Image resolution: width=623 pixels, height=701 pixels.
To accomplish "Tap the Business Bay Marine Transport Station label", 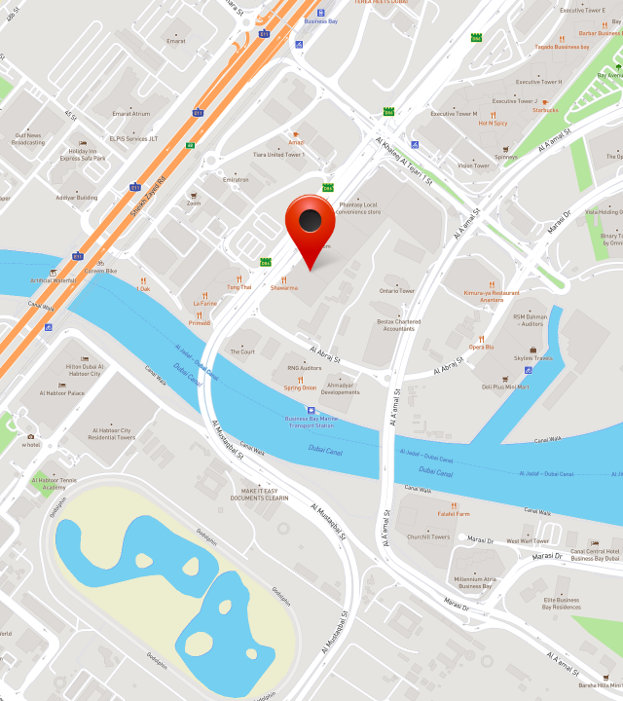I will click(311, 422).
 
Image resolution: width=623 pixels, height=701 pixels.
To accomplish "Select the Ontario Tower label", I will click(397, 291).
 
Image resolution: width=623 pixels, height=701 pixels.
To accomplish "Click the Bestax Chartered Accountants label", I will click(398, 325).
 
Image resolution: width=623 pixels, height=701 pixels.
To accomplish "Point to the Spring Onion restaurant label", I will click(300, 387).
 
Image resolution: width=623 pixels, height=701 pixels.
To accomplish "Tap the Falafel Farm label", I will click(453, 513).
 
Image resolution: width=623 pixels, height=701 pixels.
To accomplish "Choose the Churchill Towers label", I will click(428, 536).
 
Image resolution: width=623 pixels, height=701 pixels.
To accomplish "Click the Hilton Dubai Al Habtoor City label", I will click(84, 370).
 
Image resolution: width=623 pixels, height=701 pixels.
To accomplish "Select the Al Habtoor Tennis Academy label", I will click(54, 483).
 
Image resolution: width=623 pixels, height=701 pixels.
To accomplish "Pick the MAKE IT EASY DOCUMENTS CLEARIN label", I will click(260, 494).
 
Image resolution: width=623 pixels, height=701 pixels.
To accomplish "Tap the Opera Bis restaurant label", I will click(481, 347).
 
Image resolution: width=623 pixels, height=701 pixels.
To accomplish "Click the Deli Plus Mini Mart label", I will click(505, 387).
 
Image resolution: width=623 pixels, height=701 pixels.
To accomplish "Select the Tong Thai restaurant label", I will click(238, 287).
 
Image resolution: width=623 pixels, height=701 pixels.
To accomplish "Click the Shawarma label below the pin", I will click(284, 288).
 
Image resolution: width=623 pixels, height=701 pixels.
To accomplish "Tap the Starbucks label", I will click(545, 110).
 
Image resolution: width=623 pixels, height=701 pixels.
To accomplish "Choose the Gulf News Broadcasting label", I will click(28, 139).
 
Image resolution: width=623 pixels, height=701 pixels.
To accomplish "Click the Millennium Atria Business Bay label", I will click(475, 582).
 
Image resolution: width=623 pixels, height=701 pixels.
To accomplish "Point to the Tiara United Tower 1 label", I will click(278, 154).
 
